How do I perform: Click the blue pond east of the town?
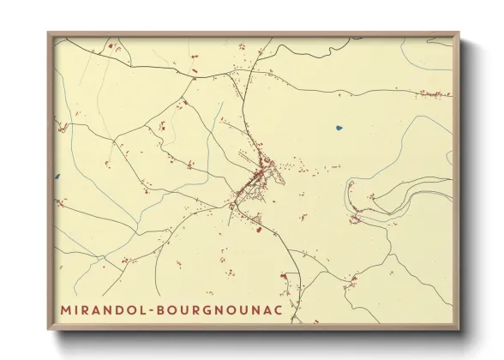339,129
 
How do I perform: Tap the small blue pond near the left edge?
57,176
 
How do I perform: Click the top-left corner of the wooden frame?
48,33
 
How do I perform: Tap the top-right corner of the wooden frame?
459,33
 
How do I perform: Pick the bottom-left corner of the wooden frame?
48,331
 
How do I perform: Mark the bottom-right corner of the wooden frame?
459,331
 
